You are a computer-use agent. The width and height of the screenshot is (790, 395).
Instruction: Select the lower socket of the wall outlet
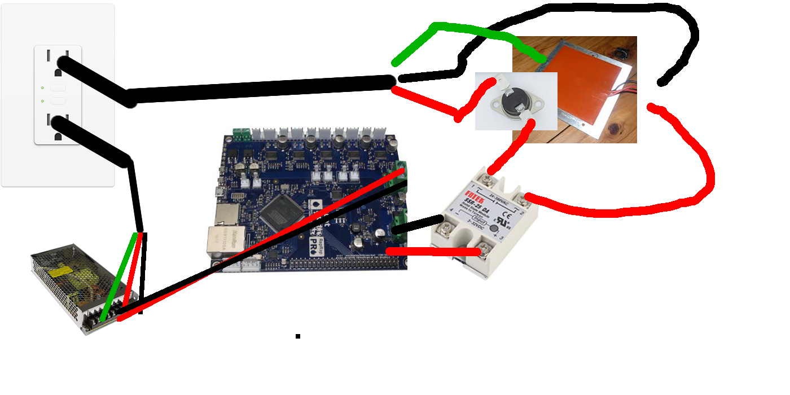coord(58,127)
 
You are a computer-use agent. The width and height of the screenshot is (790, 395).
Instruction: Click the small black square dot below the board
coord(298,336)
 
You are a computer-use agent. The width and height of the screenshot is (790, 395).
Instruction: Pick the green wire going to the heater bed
coord(468,31)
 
